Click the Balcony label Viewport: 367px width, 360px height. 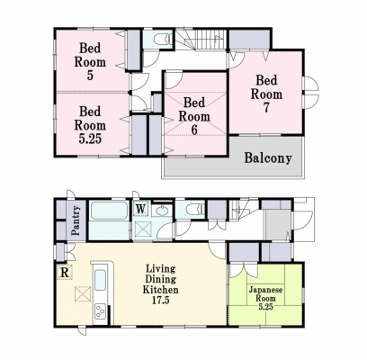click(268, 157)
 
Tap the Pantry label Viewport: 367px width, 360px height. click(76, 220)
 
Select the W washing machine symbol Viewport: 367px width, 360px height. click(140, 208)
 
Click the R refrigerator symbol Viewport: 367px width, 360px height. click(65, 273)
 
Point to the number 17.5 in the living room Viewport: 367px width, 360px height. click(160, 300)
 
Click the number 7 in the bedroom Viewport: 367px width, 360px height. click(266, 108)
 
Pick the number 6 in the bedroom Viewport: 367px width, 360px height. click(194, 130)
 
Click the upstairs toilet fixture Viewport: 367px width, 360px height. click(162, 40)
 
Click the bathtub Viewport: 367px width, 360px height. click(109, 211)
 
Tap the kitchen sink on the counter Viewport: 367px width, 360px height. click(100, 280)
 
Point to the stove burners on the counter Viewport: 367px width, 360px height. click(100, 311)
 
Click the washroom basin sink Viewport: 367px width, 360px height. click(162, 210)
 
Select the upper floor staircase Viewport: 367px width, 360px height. click(201, 40)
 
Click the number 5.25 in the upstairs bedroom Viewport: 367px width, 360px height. click(90, 139)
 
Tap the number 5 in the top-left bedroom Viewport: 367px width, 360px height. click(90, 76)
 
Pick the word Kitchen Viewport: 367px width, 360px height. click(160, 290)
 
